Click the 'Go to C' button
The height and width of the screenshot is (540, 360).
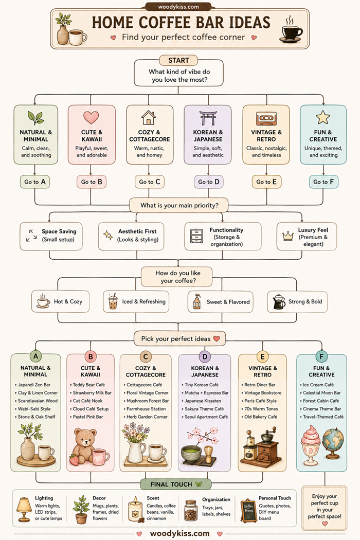pos(149,182)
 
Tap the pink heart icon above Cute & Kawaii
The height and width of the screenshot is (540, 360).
pos(91,117)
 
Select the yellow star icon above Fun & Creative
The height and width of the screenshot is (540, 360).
pos(323,117)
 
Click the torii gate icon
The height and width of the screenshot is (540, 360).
pos(208,118)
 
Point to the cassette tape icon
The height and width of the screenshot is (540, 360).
pos(266,118)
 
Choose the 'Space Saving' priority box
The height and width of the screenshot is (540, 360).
pos(51,236)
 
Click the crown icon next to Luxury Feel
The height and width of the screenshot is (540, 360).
pos(287,236)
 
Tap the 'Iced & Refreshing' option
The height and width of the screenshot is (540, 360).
pos(136,301)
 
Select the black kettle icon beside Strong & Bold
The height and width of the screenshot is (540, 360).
pos(279,302)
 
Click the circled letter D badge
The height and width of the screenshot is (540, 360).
pos(205,357)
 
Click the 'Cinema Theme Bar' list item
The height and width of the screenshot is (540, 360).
pos(322,409)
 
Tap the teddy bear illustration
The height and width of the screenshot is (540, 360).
pos(84,446)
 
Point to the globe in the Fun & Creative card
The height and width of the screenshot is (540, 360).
pos(333,443)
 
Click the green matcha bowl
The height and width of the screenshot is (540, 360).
pos(191,454)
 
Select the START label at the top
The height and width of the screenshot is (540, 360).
pos(178,60)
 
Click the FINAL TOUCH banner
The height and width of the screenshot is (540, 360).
pos(176,484)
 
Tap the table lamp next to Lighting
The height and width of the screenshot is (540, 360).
pos(24,509)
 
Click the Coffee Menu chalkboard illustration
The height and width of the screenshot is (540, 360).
pos(248,511)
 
